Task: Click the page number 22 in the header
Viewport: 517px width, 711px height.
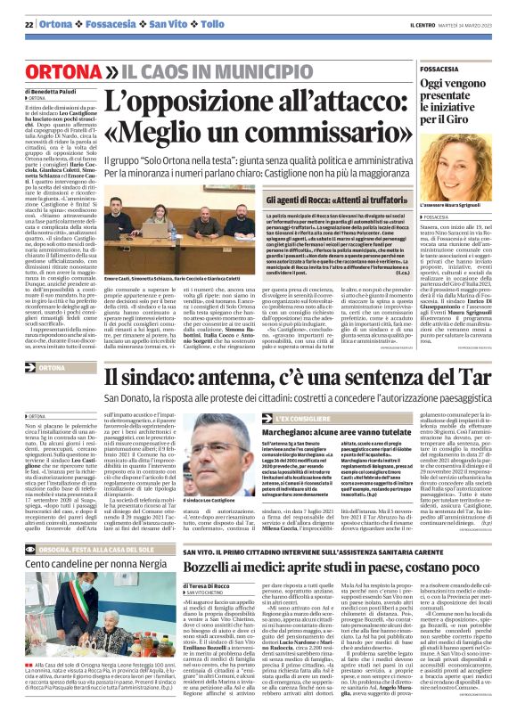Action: click(x=29, y=23)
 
